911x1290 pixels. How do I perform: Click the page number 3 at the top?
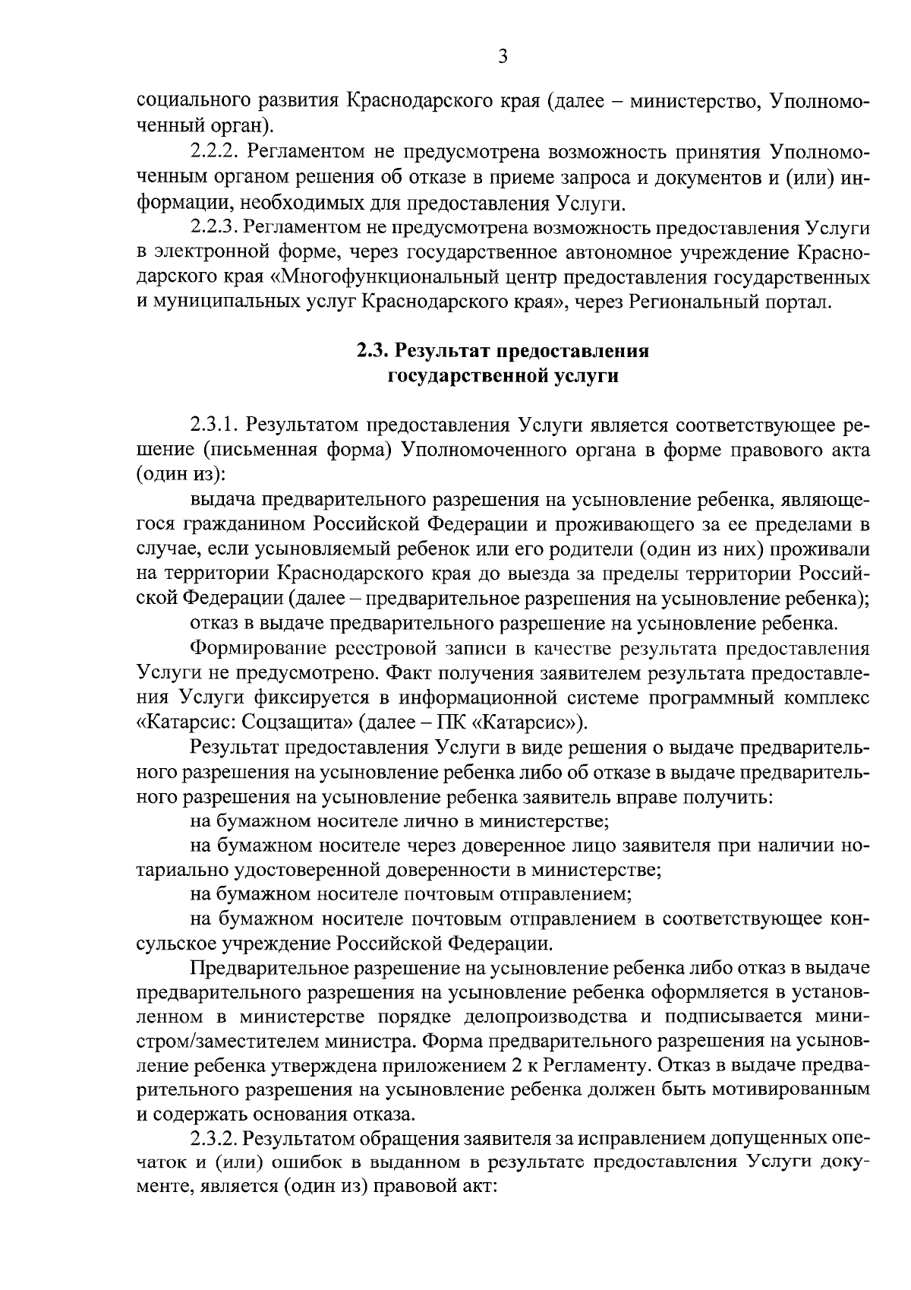[503, 56]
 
